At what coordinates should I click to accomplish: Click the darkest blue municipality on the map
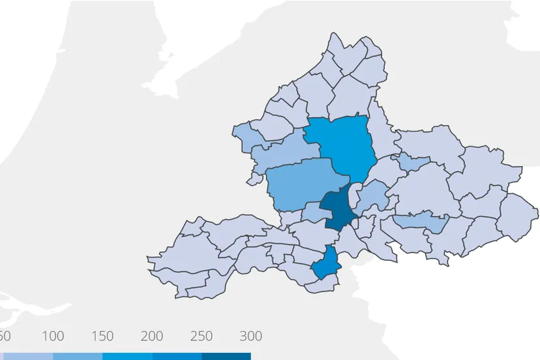click(x=336, y=207)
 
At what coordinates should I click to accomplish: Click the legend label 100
click(x=53, y=337)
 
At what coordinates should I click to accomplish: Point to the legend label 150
click(x=102, y=337)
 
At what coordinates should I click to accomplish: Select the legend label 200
click(x=151, y=337)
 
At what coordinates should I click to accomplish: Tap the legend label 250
click(x=201, y=337)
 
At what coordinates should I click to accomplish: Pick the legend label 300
click(x=250, y=337)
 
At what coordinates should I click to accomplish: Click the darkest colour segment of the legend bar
click(x=226, y=356)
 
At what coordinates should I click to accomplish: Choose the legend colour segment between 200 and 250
click(x=176, y=356)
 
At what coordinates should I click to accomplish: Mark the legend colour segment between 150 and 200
click(x=127, y=356)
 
